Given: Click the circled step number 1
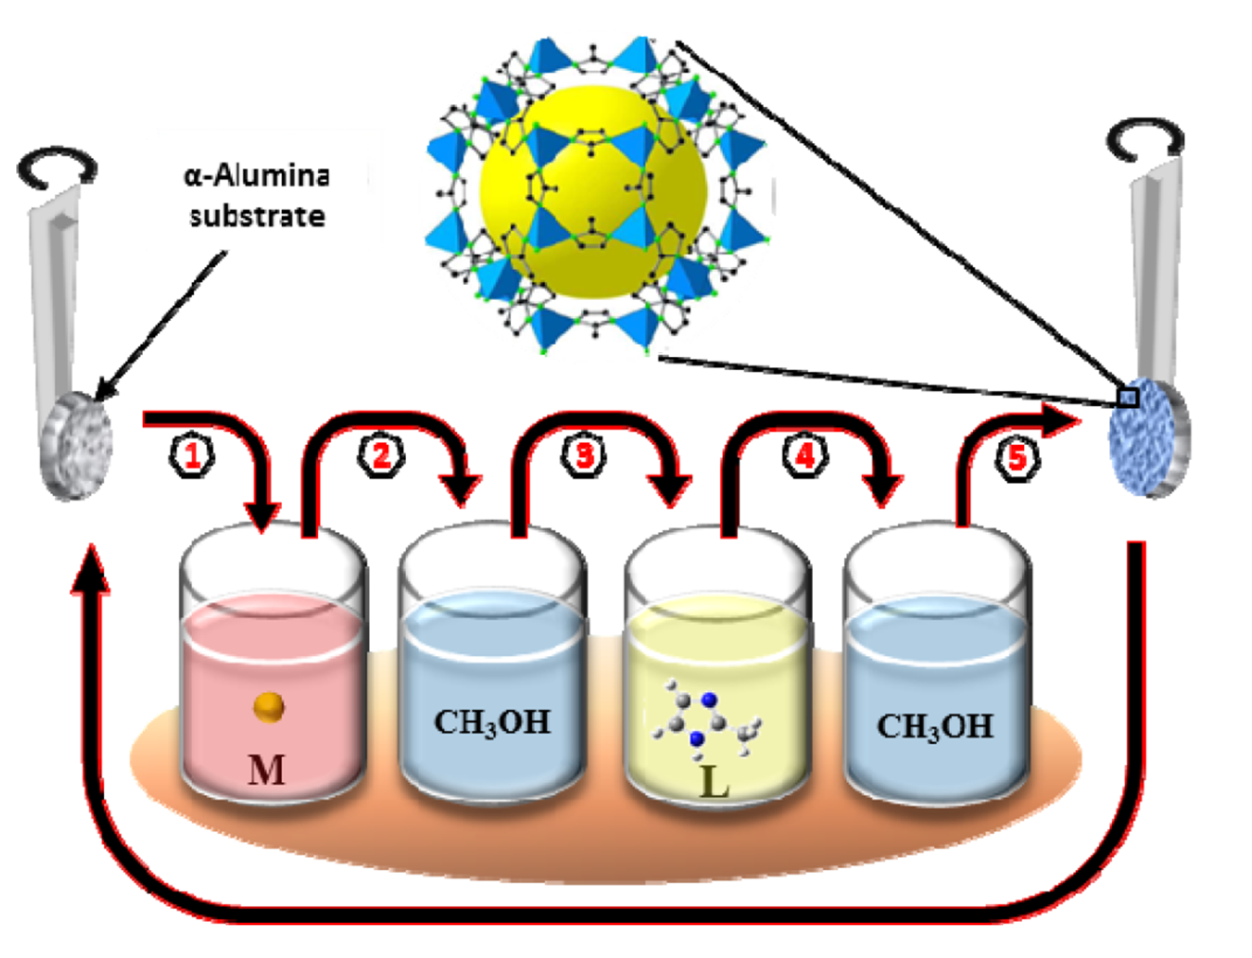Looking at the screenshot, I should click(192, 456).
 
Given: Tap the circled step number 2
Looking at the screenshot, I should click(381, 455).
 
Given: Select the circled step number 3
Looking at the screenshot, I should click(585, 455).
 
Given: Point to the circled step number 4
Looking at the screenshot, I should click(805, 456).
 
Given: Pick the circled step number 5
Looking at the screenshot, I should click(1016, 458).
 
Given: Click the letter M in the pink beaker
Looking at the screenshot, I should click(266, 771).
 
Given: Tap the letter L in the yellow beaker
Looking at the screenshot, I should click(714, 782).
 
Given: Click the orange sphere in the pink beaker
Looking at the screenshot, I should click(269, 706).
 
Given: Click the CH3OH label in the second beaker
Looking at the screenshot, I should click(491, 722).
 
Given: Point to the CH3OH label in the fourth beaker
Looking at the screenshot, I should click(935, 726).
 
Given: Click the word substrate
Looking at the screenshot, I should click(256, 217).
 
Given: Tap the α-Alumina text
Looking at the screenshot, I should click(256, 175).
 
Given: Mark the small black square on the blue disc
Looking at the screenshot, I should click(1127, 397).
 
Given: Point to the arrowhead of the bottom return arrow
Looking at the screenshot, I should click(91, 567).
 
